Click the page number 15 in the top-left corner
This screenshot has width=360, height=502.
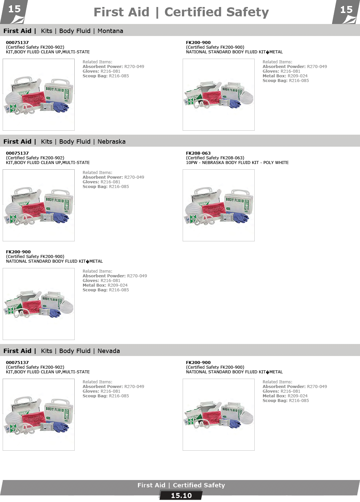[14, 9]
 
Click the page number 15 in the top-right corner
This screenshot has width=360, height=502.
[346, 10]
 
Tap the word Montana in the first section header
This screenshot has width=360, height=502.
[110, 31]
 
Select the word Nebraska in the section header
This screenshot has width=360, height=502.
[111, 142]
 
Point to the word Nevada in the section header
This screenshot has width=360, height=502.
[108, 351]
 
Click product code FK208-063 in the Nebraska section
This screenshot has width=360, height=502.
[198, 153]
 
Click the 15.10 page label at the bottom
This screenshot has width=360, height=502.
[181, 496]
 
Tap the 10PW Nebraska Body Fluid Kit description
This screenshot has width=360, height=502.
[237, 163]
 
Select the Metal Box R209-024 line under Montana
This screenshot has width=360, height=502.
[285, 76]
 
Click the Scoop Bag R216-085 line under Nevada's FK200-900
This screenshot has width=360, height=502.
[285, 401]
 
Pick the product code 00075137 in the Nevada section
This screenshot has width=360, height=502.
[17, 363]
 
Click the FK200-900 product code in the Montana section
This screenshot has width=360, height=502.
[198, 43]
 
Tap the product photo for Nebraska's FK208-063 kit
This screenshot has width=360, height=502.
[219, 205]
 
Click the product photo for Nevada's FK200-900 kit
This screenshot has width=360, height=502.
[219, 415]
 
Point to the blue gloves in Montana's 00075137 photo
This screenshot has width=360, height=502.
[60, 107]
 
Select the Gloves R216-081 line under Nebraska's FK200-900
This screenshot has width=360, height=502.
[101, 281]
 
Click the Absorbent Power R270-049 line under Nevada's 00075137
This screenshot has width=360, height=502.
[113, 387]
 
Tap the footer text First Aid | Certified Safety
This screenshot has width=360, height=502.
[181, 485]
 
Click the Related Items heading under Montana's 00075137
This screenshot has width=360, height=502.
[97, 62]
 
